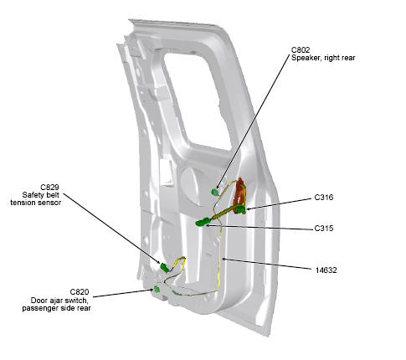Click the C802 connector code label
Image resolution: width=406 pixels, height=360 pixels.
click(301, 50)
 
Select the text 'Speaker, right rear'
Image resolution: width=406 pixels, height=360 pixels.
click(323, 58)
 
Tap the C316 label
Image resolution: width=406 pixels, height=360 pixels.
click(324, 198)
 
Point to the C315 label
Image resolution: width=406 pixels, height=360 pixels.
click(324, 229)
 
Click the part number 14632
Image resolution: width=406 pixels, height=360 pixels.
click(326, 270)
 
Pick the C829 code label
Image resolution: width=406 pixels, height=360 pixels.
click(49, 187)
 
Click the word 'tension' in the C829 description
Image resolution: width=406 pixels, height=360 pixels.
click(23, 203)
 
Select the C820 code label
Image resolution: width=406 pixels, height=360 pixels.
click(80, 292)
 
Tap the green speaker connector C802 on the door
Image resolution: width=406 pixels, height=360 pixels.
click(214, 192)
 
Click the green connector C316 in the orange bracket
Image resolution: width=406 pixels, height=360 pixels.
click(240, 209)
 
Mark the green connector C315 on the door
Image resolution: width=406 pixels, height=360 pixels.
click(203, 222)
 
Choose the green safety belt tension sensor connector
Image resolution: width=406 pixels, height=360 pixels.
click(165, 268)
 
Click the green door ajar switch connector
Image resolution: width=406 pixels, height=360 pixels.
click(157, 289)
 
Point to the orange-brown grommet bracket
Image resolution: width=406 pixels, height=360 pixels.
click(239, 193)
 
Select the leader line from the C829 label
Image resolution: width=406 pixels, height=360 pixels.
click(112, 228)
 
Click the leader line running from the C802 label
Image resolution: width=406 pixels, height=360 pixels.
click(252, 121)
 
